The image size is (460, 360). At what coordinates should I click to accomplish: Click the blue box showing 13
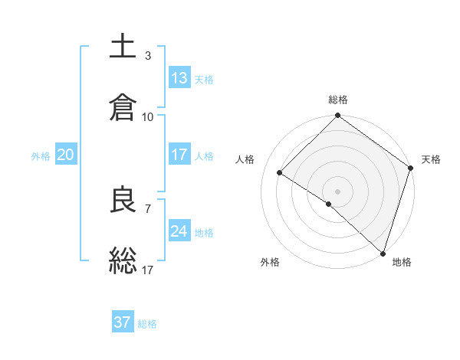(x=179, y=77)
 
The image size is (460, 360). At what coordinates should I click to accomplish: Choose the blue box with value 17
(x=179, y=154)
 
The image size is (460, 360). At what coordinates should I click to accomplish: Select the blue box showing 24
(x=179, y=231)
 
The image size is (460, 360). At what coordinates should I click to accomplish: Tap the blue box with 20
(x=66, y=155)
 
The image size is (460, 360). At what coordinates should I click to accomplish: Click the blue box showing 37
(x=123, y=322)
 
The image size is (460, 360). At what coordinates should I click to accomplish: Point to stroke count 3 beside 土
(x=147, y=55)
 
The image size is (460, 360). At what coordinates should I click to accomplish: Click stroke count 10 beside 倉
(x=148, y=116)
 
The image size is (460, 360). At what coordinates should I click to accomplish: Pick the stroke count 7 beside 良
(x=147, y=208)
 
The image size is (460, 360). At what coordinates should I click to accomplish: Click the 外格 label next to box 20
(x=41, y=155)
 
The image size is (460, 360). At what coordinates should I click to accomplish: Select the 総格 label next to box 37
(x=147, y=324)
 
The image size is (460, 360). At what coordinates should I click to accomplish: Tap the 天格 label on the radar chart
(x=431, y=159)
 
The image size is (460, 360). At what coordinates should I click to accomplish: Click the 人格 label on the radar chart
(x=245, y=159)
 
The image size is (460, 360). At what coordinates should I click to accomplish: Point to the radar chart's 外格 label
(x=270, y=262)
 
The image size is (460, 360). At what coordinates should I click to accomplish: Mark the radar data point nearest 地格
(x=383, y=252)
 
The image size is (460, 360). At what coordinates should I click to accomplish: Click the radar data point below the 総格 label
(x=337, y=116)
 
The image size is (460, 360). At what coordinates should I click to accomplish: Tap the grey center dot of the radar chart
(x=337, y=191)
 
